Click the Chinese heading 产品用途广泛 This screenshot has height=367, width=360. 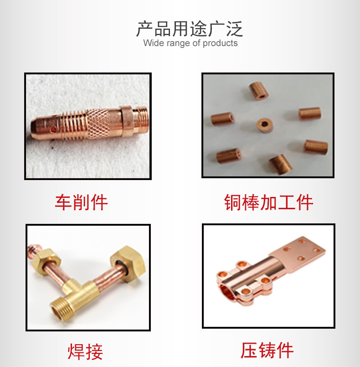tap(190, 29)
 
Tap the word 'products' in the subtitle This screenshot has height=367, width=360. tap(220, 43)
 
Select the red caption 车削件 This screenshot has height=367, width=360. tap(81, 202)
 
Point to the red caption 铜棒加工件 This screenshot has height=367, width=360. tap(268, 202)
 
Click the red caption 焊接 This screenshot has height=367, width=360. tap(85, 351)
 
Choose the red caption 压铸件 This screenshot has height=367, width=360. tap(267, 350)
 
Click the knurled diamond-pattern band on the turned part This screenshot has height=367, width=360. tap(98, 124)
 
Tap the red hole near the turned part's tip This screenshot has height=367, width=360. tap(54, 128)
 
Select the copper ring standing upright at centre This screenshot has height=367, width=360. tap(265, 125)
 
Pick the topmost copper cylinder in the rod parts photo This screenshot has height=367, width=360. tap(258, 90)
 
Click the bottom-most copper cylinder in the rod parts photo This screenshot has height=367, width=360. tap(280, 164)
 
